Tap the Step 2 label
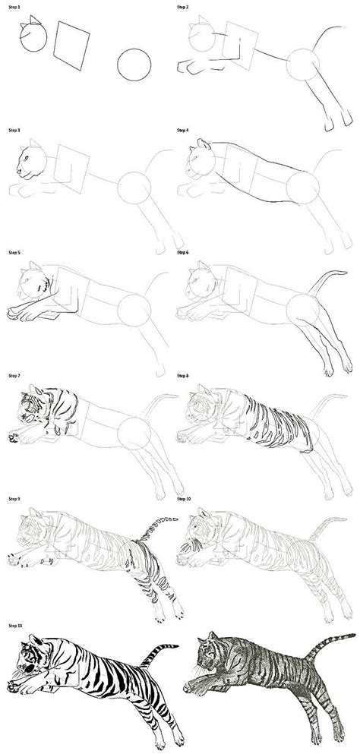pyautogui.click(x=182, y=7)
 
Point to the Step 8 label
pyautogui.click(x=182, y=376)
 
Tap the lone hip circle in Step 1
pyautogui.click(x=134, y=65)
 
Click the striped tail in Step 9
pyautogui.click(x=156, y=528)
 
